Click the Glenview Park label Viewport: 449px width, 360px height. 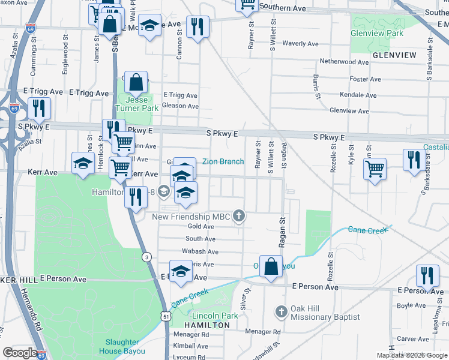point(378,34)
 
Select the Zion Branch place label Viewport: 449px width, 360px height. point(223,161)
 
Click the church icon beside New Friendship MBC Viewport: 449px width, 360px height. point(239,217)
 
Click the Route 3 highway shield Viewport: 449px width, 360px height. point(146,257)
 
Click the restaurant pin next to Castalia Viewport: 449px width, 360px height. point(414,159)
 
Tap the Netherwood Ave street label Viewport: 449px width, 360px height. point(344,62)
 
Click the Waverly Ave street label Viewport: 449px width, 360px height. point(300,44)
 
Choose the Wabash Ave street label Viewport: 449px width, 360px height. point(201,251)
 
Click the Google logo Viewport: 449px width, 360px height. point(20,353)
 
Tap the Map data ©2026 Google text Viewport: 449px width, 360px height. point(412,355)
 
